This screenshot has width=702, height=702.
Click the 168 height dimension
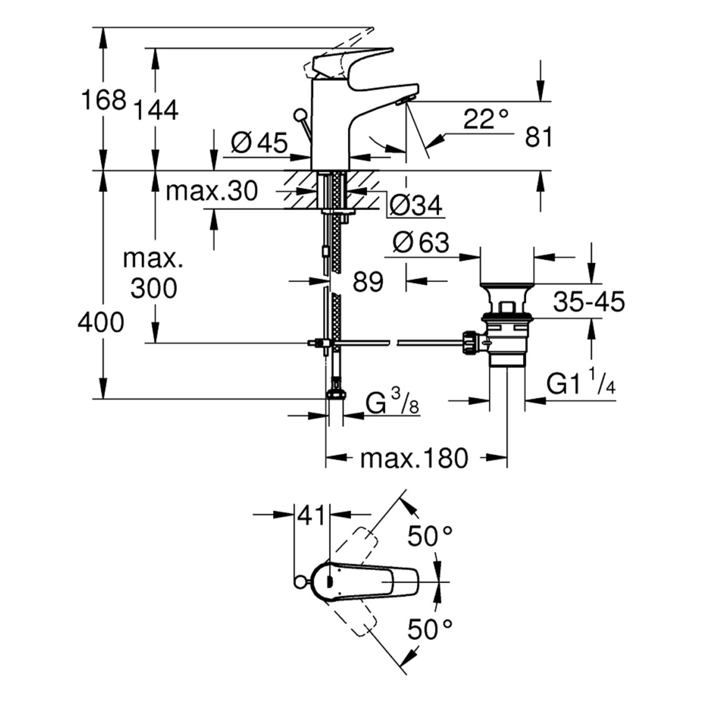(x=101, y=99)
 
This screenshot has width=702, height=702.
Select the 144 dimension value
(x=155, y=110)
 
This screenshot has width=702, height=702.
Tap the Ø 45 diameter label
(x=259, y=142)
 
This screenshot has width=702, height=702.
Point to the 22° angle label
(x=485, y=118)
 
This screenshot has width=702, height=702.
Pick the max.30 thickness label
(x=211, y=191)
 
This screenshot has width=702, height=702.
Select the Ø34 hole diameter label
(x=416, y=205)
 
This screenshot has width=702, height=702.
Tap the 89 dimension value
(x=368, y=282)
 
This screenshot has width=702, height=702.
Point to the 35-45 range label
(x=589, y=302)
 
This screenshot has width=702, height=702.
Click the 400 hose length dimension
(x=101, y=323)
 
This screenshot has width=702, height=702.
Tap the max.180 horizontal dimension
(x=414, y=458)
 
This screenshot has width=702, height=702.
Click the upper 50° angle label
(x=430, y=537)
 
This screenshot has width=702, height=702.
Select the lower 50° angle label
(x=430, y=629)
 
